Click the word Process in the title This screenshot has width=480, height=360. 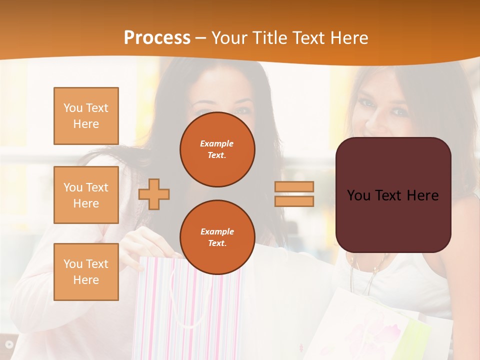157,38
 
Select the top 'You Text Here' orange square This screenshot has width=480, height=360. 86,116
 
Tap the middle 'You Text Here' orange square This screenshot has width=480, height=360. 86,195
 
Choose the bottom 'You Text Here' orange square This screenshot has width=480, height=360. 86,272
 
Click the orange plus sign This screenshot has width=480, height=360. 154,194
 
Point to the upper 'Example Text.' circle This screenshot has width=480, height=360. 217,149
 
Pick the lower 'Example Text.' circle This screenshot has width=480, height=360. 217,237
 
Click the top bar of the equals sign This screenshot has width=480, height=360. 294,187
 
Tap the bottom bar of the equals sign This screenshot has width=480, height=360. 294,201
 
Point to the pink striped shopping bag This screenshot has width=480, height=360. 165,310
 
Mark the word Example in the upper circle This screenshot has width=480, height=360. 217,143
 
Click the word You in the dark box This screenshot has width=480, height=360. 358,195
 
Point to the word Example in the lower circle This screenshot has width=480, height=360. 217,231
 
